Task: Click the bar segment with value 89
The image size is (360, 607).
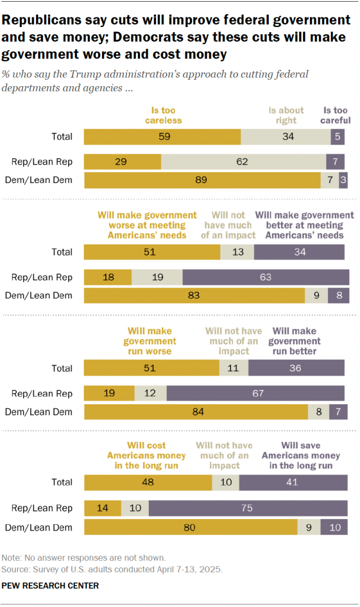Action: click(202, 180)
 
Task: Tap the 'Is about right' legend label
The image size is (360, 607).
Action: click(286, 115)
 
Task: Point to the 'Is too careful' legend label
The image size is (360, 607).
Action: click(336, 115)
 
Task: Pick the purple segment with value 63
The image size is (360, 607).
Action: click(263, 278)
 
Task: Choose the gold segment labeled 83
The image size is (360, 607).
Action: click(194, 296)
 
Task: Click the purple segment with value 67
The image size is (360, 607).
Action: click(255, 393)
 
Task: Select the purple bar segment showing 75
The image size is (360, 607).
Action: click(248, 508)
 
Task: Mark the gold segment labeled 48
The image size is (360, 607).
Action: click(148, 483)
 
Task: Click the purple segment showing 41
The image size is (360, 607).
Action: click(293, 483)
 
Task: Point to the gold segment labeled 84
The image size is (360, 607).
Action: click(196, 412)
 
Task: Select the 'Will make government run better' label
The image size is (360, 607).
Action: click(295, 341)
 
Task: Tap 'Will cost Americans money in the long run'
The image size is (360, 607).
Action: click(146, 456)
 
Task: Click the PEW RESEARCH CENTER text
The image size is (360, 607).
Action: click(50, 586)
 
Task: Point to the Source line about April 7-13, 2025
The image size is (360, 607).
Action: click(112, 569)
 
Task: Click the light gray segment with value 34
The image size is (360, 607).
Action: click(286, 137)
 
